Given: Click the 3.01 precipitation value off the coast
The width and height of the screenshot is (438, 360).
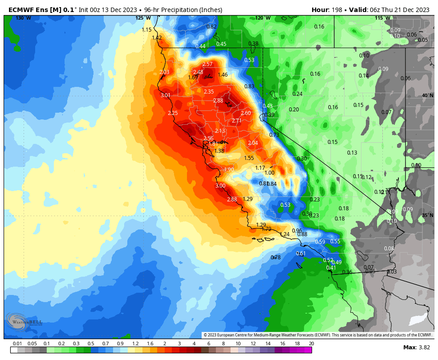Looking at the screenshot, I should (x=166, y=95).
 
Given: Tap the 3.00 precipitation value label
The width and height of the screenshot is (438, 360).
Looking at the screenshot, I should (x=220, y=186).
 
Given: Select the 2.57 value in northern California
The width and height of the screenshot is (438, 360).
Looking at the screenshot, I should (x=208, y=65).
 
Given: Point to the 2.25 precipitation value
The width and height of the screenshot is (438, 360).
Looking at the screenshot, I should (x=173, y=113).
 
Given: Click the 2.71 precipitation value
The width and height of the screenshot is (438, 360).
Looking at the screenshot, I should (x=237, y=121).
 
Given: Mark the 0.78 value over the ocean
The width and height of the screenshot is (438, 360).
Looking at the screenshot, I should (x=276, y=258).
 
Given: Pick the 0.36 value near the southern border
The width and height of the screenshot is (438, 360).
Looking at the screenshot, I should (x=347, y=272).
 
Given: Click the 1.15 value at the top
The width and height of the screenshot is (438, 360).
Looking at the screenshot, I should (x=147, y=30).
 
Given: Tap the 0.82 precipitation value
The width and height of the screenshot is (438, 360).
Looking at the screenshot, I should (x=211, y=27).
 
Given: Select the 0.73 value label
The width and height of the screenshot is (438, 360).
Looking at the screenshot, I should (x=274, y=135).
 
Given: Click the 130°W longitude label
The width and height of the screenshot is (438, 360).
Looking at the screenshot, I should (x=24, y=18).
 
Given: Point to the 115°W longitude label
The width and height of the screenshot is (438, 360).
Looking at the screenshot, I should (x=382, y=18).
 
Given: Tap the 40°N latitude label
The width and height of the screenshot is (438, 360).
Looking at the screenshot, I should (x=427, y=96).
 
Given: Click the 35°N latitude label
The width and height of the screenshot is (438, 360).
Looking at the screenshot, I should (x=427, y=215).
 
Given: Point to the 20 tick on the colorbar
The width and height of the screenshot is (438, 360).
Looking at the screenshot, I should (x=311, y=344).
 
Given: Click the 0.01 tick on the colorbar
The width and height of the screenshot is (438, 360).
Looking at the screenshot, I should (x=17, y=344).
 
